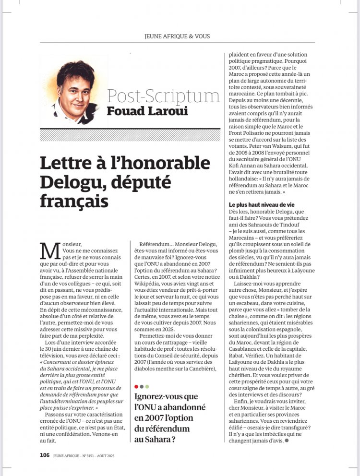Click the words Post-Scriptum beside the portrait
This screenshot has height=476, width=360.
(x=163, y=95)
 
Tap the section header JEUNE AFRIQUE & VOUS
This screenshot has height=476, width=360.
(x=177, y=36)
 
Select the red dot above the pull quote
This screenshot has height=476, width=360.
(x=136, y=386)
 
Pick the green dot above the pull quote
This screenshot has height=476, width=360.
(x=147, y=386)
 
